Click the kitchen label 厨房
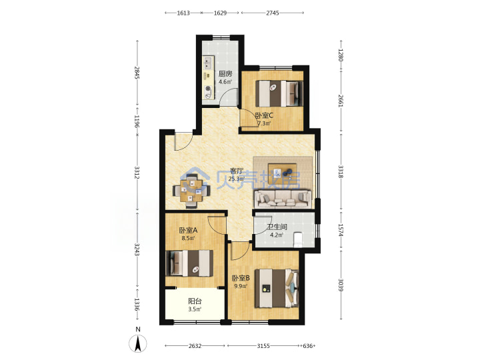(225, 74)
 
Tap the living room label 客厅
(237, 171)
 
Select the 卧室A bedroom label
(188, 230)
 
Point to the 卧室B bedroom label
(241, 278)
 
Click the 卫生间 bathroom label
(277, 227)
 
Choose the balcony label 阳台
(195, 301)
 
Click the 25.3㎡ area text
(236, 179)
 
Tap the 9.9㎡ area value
(241, 286)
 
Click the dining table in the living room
(191, 191)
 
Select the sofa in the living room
(283, 199)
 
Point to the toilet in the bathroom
(297, 239)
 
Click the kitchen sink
(208, 63)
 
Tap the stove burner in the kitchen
(209, 89)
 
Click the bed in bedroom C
(279, 93)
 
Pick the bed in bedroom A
(189, 263)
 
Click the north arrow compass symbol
(138, 343)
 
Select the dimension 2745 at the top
(273, 13)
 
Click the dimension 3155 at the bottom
(263, 345)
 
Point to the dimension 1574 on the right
(341, 230)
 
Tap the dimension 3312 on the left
(137, 173)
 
